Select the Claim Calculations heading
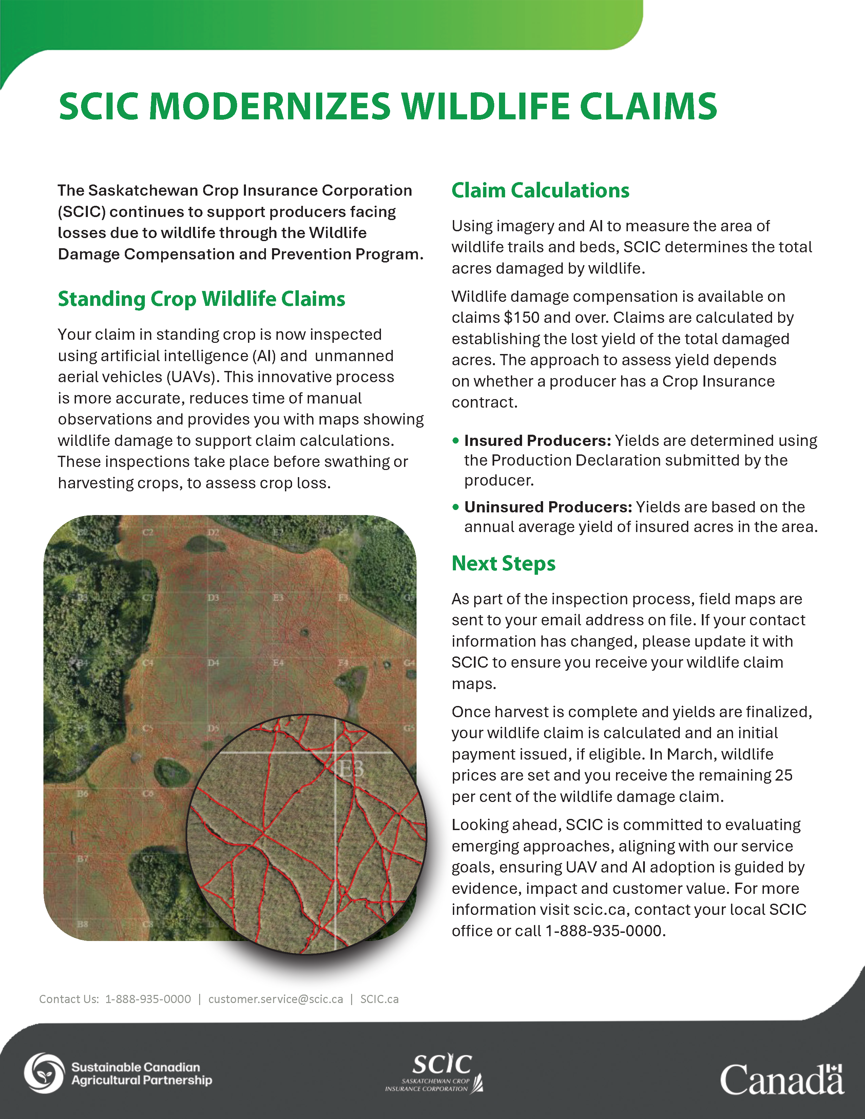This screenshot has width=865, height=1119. [x=540, y=190]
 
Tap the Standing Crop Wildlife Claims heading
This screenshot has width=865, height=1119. [x=201, y=299]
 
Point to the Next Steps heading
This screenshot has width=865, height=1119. [x=503, y=563]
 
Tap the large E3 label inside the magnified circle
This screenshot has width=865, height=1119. [x=351, y=768]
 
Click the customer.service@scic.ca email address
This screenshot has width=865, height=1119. [x=276, y=999]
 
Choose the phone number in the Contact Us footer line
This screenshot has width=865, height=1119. [x=148, y=999]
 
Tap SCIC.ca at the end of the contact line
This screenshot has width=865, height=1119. [x=379, y=999]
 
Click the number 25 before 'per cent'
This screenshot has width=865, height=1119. [x=784, y=775]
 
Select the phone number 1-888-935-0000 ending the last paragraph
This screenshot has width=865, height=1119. [x=605, y=930]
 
